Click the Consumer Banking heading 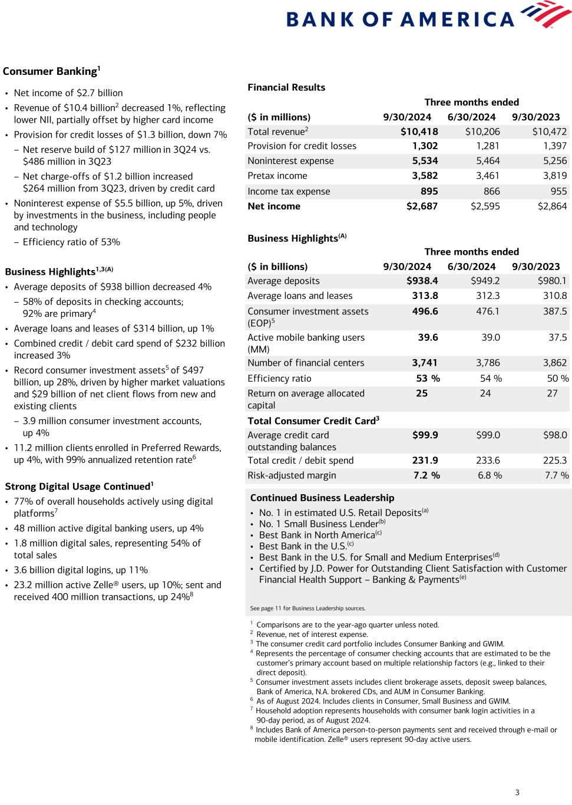(x=51, y=71)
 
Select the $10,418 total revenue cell (x=419, y=132)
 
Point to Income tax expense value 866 (x=491, y=191)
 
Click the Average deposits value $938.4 (x=422, y=281)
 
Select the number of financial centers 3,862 (x=554, y=363)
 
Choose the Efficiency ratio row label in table (x=279, y=379)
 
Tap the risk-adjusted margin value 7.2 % (x=426, y=475)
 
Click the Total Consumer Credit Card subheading (x=313, y=420)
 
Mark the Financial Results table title (x=286, y=87)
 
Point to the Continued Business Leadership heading (x=322, y=498)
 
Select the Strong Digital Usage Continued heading (x=78, y=487)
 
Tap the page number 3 (x=517, y=792)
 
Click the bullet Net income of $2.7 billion (x=68, y=93)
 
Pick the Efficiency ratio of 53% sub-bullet (x=71, y=242)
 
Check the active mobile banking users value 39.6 (x=428, y=337)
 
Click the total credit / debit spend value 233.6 (x=487, y=461)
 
